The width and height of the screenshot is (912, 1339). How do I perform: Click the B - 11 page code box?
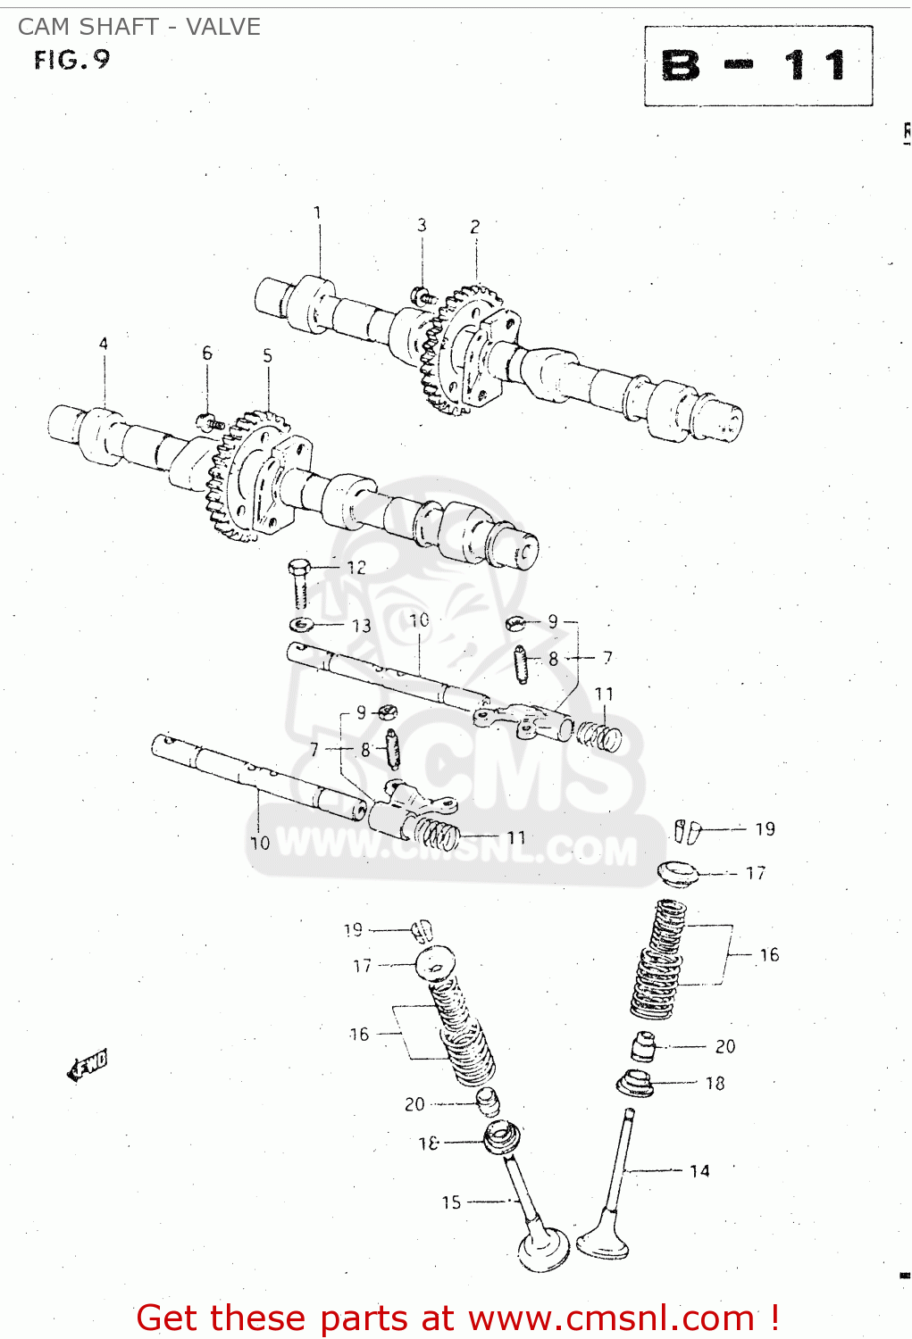point(757,66)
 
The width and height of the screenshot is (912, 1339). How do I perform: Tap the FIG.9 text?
point(71,60)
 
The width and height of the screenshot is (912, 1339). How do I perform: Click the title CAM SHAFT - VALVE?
point(139,27)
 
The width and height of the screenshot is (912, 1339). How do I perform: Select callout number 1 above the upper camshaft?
point(317,212)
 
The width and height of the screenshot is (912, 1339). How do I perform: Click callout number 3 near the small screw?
point(422,225)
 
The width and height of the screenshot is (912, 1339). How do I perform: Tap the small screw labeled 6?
point(210,421)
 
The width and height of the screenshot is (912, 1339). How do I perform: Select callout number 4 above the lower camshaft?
point(104,344)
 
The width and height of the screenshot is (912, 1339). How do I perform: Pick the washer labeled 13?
point(301,623)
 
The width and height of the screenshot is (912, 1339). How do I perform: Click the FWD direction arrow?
point(88,1065)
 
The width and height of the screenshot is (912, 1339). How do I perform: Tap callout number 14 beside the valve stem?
point(699,1170)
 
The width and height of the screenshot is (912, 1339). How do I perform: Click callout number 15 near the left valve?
point(451,1202)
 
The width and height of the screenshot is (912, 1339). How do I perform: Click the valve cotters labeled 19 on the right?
point(688,831)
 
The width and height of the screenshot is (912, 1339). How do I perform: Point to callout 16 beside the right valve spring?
point(769,954)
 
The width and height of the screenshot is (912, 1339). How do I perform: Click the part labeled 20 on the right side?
point(644,1047)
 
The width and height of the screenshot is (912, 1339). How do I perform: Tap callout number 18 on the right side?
point(715,1083)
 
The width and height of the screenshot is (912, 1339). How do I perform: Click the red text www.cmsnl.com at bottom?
point(611,1318)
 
